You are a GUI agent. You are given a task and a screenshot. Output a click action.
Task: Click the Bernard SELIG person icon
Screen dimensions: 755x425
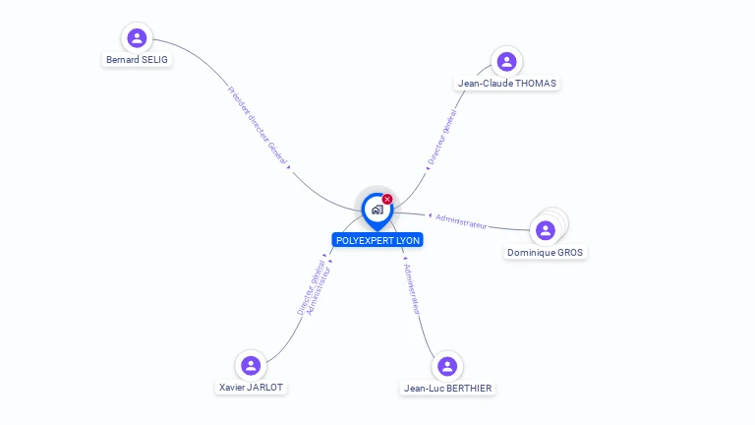pyautogui.click(x=137, y=38)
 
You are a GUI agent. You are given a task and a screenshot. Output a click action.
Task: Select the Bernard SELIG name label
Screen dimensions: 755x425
pyautogui.click(x=137, y=60)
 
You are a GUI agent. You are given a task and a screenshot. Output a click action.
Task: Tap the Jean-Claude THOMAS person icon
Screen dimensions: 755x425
pyautogui.click(x=506, y=62)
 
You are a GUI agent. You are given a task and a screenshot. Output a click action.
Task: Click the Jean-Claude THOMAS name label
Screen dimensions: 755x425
pyautogui.click(x=507, y=84)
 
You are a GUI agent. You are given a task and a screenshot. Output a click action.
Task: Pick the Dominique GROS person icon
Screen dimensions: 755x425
pyautogui.click(x=546, y=230)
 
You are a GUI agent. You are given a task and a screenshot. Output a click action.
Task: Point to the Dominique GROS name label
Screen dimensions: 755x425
pyautogui.click(x=545, y=253)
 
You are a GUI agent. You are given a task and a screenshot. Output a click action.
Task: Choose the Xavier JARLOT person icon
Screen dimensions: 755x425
pyautogui.click(x=251, y=365)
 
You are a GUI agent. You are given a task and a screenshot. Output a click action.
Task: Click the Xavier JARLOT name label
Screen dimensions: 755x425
pyautogui.click(x=251, y=388)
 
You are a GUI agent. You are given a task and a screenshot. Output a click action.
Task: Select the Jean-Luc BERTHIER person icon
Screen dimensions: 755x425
pyautogui.click(x=447, y=366)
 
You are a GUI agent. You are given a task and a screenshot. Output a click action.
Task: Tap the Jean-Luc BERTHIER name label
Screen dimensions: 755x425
pyautogui.click(x=447, y=389)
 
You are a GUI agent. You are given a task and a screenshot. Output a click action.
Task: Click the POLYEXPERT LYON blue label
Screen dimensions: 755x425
pyautogui.click(x=377, y=240)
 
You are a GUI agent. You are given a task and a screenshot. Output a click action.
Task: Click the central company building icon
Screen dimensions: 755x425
pyautogui.click(x=377, y=210)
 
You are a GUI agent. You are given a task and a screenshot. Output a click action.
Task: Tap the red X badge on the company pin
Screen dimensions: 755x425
pyautogui.click(x=387, y=200)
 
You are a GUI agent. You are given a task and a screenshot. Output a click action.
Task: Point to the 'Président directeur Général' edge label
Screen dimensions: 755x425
pyautogui.click(x=259, y=125)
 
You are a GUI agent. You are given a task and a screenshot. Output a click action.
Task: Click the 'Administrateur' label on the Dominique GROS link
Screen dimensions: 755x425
pyautogui.click(x=461, y=220)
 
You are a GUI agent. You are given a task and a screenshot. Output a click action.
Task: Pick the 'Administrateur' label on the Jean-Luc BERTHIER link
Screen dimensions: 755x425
pyautogui.click(x=413, y=287)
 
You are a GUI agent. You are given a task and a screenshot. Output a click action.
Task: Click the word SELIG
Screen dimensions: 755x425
pyautogui.click(x=154, y=60)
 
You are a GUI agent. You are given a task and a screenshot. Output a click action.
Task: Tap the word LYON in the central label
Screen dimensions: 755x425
pyautogui.click(x=407, y=240)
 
